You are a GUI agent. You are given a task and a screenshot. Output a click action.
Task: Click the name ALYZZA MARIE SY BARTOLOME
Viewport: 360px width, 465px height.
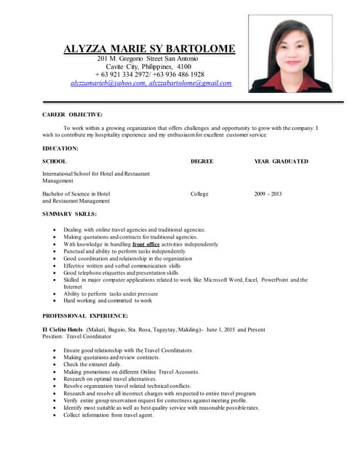pos(150,49)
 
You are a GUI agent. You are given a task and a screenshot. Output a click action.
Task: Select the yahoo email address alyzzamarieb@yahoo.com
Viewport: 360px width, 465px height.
pos(108,84)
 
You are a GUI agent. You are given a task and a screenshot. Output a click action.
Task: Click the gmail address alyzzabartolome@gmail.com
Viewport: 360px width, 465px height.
pos(190,84)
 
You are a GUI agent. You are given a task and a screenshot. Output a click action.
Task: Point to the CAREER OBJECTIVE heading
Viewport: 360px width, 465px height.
pos(72,114)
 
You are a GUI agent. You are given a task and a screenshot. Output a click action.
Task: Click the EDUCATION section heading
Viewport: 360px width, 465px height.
pos(60,148)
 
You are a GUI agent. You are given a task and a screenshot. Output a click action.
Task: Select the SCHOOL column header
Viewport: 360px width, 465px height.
pos(55,161)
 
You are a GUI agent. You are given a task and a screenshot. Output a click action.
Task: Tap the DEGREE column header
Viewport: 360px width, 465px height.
pos(201,161)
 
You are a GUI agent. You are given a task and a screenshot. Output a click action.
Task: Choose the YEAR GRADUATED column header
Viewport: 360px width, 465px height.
pos(281,161)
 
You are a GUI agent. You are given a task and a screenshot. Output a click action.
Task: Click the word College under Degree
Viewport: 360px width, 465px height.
pos(199,194)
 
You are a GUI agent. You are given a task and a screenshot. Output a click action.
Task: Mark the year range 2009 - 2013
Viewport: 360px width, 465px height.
pos(268,194)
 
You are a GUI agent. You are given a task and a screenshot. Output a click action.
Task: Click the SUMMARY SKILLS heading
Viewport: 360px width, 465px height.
pos(69,214)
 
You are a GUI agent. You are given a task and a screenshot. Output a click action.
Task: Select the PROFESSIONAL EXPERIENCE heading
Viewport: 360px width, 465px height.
pos(85,316)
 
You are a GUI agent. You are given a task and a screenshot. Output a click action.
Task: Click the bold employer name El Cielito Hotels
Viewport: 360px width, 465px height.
pos(63,330)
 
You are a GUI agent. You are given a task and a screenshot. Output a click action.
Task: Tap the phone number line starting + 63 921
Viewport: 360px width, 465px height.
pos(149,75)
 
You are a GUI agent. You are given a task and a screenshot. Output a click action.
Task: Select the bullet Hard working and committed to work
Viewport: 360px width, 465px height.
pos(108,300)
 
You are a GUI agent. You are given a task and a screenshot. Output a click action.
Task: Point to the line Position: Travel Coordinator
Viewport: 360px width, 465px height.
pos(77,337)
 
